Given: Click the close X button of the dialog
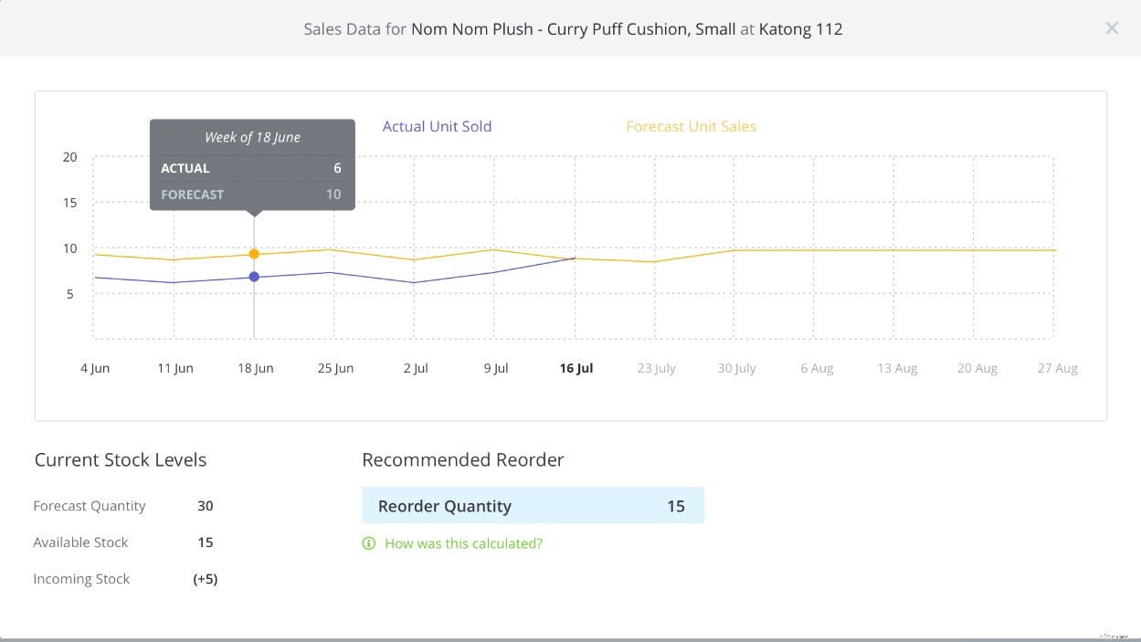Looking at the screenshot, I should (1111, 28).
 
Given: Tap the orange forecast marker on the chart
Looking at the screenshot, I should (254, 254).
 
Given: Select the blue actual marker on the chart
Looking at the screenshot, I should (254, 277).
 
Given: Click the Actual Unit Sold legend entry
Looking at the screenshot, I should (437, 127).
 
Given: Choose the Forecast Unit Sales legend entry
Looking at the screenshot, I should (691, 127).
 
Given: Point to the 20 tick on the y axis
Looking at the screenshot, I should (70, 157).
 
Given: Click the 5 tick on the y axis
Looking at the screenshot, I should (70, 294).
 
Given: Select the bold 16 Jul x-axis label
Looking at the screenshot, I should (576, 369).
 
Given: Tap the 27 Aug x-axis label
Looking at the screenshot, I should (1057, 369).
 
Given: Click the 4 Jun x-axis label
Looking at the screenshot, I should (95, 369).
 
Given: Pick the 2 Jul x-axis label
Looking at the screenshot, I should (416, 369).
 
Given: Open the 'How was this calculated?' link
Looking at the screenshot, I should (463, 543).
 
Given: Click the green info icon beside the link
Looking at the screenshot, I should (369, 543).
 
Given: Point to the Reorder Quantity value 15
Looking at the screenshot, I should (675, 506).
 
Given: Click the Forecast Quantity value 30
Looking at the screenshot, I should (206, 506).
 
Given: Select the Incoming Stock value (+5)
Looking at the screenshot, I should (206, 579).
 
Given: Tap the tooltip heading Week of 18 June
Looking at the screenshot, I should (252, 138).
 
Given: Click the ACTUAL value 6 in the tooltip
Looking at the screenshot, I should (337, 168).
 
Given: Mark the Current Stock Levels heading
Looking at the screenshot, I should (121, 460).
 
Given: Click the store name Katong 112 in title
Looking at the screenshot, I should (800, 29).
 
